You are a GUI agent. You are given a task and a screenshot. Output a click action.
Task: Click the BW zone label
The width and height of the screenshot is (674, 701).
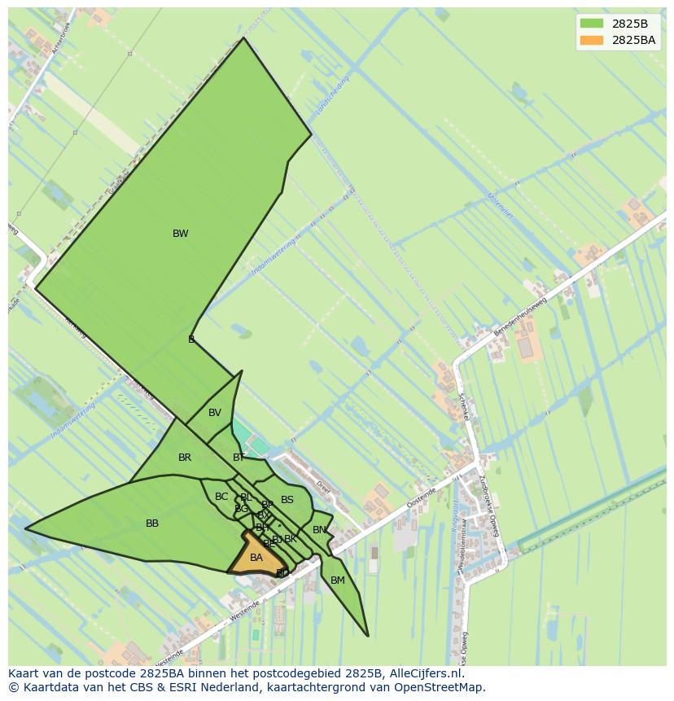[x=180, y=234]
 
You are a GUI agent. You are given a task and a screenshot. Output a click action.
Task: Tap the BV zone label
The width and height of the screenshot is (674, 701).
[x=214, y=413]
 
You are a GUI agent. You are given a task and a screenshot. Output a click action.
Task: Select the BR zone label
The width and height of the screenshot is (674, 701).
[x=185, y=458]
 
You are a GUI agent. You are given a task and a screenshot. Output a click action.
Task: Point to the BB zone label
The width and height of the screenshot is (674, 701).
[x=152, y=524]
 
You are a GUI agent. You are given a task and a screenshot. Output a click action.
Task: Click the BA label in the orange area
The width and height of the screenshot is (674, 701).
[x=256, y=558]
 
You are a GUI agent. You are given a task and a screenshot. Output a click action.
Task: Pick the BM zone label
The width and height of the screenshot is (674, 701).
[x=337, y=581]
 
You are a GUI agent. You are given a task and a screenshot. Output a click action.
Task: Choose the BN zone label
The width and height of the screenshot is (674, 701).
[x=319, y=530]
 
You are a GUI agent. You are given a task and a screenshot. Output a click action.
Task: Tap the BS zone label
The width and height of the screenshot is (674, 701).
[x=287, y=500]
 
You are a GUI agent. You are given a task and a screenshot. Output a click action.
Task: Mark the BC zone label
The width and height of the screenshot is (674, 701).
[x=221, y=497]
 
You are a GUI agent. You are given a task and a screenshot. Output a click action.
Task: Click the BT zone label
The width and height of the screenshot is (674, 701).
[x=238, y=458]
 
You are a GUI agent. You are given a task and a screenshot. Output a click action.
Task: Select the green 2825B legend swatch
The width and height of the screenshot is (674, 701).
[x=592, y=24]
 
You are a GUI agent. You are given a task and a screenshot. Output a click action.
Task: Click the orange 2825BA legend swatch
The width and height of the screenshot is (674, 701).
[x=592, y=40]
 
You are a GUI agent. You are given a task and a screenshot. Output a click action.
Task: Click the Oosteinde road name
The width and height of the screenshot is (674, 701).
[x=424, y=497]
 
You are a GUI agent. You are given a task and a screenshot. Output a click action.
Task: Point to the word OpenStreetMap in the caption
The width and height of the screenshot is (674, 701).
[x=440, y=687]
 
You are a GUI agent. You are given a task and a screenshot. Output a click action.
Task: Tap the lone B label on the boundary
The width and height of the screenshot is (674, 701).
[x=191, y=340]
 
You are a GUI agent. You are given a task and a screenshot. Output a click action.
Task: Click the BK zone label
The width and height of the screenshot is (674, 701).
[x=291, y=539]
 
